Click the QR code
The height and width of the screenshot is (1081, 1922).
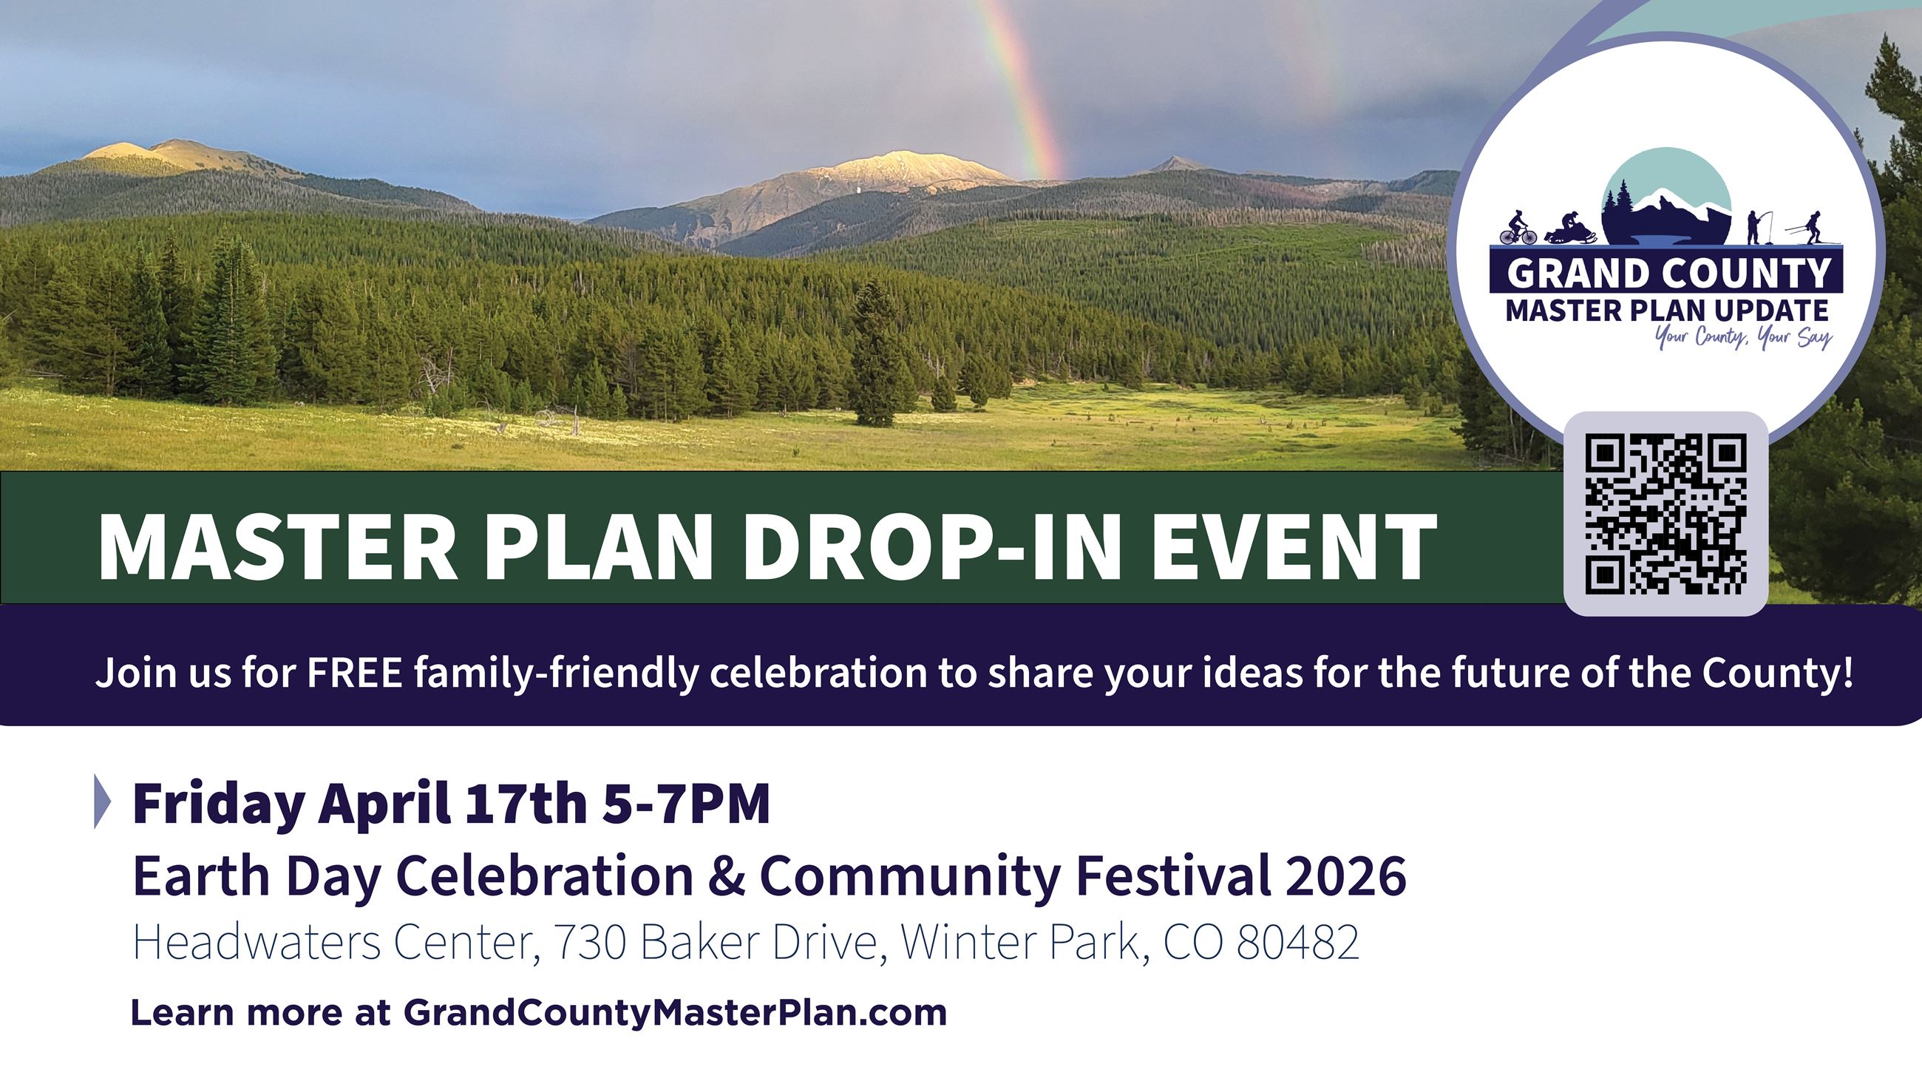click(x=1665, y=514)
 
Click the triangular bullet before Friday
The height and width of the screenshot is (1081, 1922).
click(x=102, y=802)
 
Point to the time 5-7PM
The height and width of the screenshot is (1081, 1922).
click(x=686, y=804)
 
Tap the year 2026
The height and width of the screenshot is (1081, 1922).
click(x=1345, y=877)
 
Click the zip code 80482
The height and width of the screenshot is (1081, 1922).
click(x=1297, y=943)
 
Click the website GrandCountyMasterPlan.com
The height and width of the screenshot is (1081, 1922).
click(x=675, y=1013)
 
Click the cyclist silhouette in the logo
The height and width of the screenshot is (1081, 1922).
click(x=1518, y=228)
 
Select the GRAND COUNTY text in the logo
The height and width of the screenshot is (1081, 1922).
click(x=1668, y=273)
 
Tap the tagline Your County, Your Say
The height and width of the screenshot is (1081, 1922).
click(x=1743, y=338)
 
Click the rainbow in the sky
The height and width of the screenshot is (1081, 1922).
click(x=1026, y=89)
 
